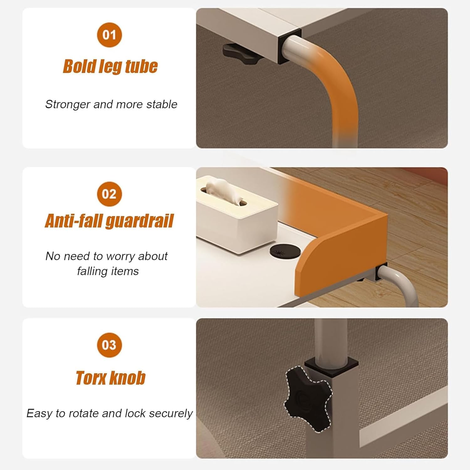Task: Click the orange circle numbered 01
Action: (109, 35)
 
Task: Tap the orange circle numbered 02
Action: (109, 194)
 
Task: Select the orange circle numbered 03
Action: (109, 345)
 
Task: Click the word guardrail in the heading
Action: (139, 221)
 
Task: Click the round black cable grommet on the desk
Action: (285, 251)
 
